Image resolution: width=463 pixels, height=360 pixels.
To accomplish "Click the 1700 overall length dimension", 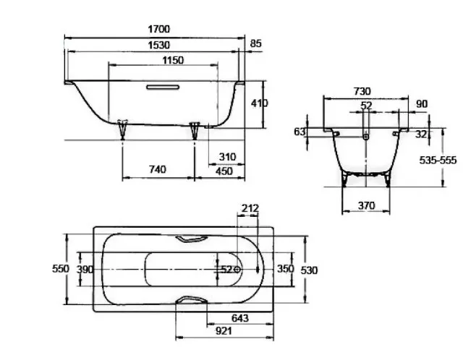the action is [159, 29].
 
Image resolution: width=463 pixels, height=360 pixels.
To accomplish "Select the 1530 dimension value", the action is [159, 45].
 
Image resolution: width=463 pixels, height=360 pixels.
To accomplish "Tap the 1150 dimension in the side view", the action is [173, 60].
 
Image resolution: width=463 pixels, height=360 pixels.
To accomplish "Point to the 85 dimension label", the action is [255, 43].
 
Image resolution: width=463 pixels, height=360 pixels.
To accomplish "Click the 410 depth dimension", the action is [260, 103].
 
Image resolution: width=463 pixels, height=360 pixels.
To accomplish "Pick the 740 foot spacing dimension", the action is [158, 169].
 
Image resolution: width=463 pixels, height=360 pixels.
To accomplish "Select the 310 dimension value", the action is [227, 157].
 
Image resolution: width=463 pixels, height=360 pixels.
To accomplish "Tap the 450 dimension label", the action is [224, 171].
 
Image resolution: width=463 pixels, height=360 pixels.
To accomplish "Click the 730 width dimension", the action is [362, 92].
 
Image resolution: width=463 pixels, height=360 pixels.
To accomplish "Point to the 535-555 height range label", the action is [438, 160].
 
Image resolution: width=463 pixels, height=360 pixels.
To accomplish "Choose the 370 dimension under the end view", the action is [366, 205].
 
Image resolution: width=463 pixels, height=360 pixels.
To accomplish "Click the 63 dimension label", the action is [300, 132].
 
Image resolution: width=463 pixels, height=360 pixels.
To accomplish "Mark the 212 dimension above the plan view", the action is [250, 208].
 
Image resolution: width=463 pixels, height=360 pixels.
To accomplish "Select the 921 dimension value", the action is [224, 331].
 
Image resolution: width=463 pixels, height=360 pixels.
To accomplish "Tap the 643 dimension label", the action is [240, 318].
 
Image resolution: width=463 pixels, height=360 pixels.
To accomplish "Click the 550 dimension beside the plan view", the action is [61, 269].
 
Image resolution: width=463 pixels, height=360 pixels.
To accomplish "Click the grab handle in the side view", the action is [163, 87].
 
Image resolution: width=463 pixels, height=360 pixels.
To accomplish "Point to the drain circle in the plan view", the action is [237, 270].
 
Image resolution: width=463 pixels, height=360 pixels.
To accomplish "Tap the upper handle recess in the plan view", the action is [192, 239].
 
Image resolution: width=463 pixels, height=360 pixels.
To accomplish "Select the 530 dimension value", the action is [309, 270].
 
